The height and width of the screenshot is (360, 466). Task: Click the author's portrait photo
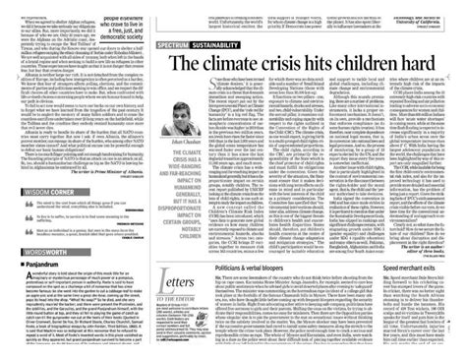194,124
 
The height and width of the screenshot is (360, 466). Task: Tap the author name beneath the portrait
194,155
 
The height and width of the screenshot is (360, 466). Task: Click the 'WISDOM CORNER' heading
40,179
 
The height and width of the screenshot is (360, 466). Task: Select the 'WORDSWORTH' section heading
39,253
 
